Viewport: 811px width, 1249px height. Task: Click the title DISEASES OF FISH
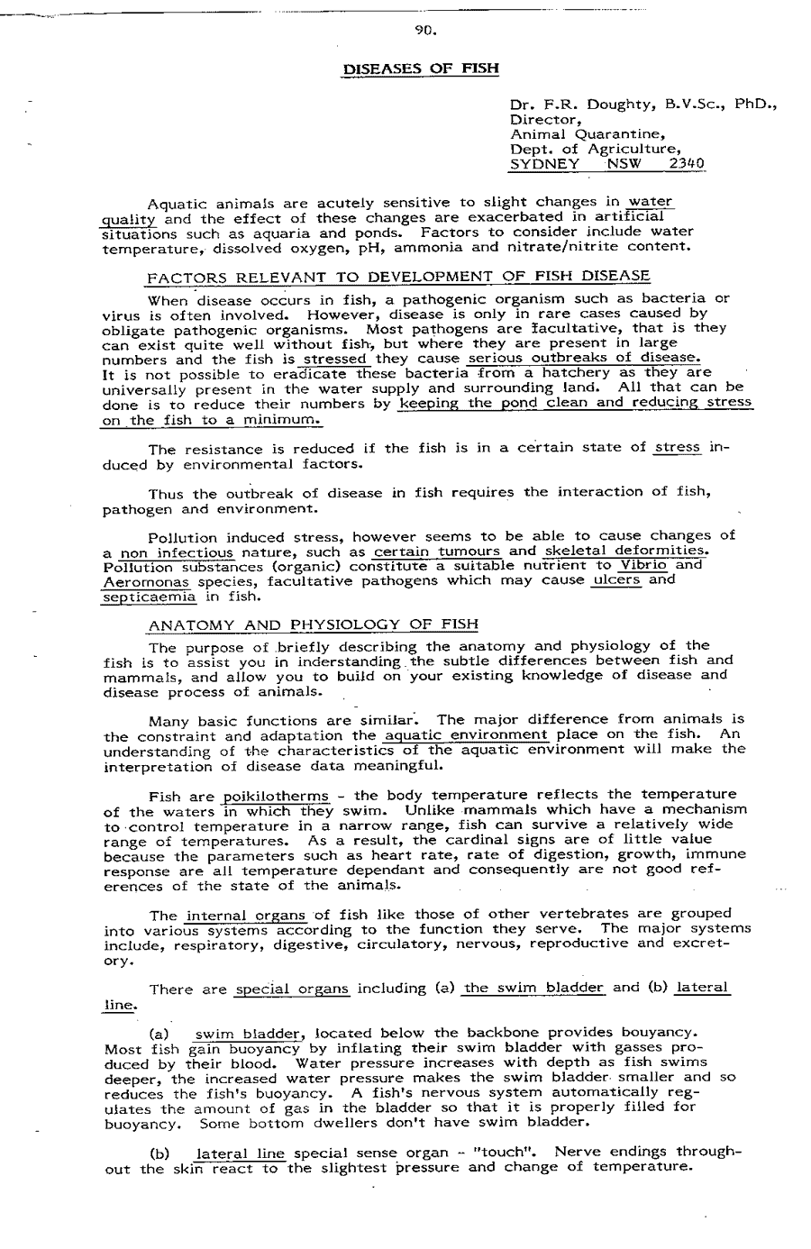420,68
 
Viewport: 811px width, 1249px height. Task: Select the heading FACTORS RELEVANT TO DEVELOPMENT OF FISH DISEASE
397,276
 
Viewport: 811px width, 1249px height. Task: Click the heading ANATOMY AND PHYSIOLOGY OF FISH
313,624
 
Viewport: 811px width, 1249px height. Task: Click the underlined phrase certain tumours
436,551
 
